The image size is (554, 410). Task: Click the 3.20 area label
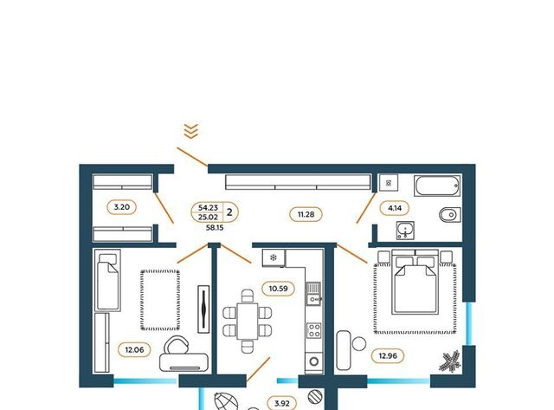121,207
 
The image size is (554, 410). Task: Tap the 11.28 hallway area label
306,214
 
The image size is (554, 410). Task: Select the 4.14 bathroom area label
395,208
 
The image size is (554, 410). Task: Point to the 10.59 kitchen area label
278,289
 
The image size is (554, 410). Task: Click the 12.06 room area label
135,350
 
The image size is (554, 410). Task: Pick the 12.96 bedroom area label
388,355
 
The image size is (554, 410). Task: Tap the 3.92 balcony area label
282,403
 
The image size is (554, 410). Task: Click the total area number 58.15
215,228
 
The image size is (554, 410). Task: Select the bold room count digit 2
229,212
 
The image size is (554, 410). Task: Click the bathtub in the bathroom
437,185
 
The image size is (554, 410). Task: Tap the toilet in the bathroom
450,214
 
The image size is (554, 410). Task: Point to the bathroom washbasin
405,231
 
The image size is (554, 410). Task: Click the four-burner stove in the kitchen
313,331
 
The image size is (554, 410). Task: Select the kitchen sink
313,293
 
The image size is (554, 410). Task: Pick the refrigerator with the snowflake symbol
274,257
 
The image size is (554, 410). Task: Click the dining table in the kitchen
248,322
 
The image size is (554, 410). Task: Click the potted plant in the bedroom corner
450,361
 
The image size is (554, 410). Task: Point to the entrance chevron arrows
191,131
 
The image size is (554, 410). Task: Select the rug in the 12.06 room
160,300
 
